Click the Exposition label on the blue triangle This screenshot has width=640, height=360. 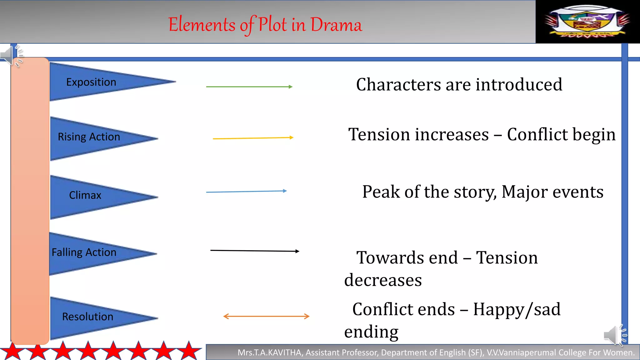coord(91,82)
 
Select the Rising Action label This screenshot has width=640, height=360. coord(89,137)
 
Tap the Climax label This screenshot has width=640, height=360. coord(85,195)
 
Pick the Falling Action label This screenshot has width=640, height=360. coord(84,252)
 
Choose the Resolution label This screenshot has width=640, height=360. coord(87,317)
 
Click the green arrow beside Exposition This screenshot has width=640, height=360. coord(249,87)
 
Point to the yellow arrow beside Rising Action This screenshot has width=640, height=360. coord(253,138)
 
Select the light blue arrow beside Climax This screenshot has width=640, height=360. coord(246,191)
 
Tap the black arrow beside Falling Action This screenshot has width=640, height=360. coord(255,251)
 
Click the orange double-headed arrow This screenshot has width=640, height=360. coord(266,316)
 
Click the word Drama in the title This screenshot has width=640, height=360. coord(336,25)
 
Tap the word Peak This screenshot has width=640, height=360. coord(381,192)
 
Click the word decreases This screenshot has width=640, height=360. coord(383,280)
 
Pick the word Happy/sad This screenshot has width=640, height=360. coord(517,310)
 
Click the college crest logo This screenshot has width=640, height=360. coord(587,21)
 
